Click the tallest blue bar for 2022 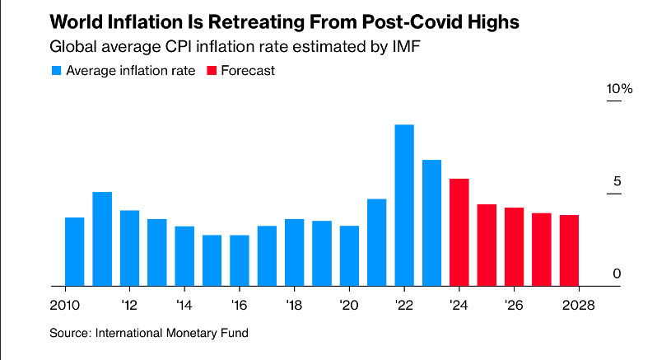click(x=404, y=205)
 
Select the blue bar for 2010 click(x=74, y=251)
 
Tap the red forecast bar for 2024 click(x=459, y=232)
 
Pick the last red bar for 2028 click(x=569, y=250)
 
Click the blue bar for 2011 click(x=102, y=239)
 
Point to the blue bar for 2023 click(x=431, y=222)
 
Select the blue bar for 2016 click(x=240, y=260)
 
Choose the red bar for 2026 click(x=514, y=246)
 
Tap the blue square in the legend click(x=55, y=71)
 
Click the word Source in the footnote click(x=70, y=333)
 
